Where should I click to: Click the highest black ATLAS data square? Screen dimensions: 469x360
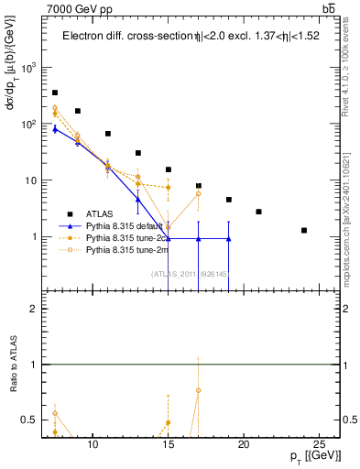[55, 93]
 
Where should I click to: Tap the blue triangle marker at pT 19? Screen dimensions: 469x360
[229, 238]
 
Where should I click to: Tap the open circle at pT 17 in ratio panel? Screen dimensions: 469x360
[199, 391]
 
